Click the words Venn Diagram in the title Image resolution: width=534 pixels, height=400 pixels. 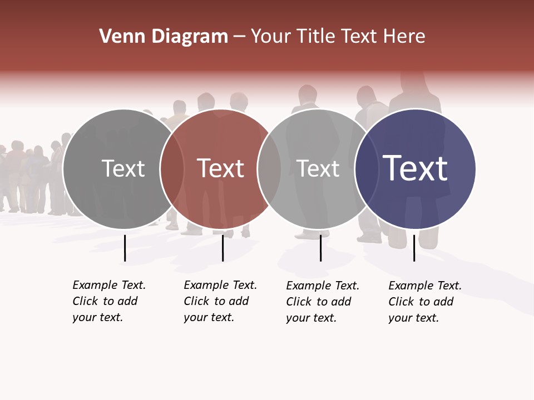(164, 37)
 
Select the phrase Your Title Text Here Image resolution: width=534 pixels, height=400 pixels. (338, 37)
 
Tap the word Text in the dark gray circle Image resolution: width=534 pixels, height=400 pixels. (123, 168)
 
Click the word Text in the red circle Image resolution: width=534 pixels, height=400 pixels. (220, 168)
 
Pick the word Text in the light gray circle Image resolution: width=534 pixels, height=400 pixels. (318, 168)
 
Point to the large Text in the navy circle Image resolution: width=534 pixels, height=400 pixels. (415, 168)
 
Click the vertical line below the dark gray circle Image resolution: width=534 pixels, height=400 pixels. (125, 248)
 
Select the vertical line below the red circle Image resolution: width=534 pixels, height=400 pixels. (222, 248)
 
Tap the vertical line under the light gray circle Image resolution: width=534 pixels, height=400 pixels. (320, 248)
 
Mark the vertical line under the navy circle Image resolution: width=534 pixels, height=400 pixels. (414, 248)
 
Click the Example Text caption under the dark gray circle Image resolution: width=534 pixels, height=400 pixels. (109, 301)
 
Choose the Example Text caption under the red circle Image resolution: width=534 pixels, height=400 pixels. (220, 301)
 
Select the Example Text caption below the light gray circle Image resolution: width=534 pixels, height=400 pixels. (323, 302)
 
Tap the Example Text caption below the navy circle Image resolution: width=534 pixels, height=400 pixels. (425, 302)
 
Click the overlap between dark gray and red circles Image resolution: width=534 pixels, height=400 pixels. (172, 168)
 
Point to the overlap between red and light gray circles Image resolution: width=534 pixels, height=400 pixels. (269, 168)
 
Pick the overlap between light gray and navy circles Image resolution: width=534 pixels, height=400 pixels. (367, 168)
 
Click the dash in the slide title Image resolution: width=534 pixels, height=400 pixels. (239, 37)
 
